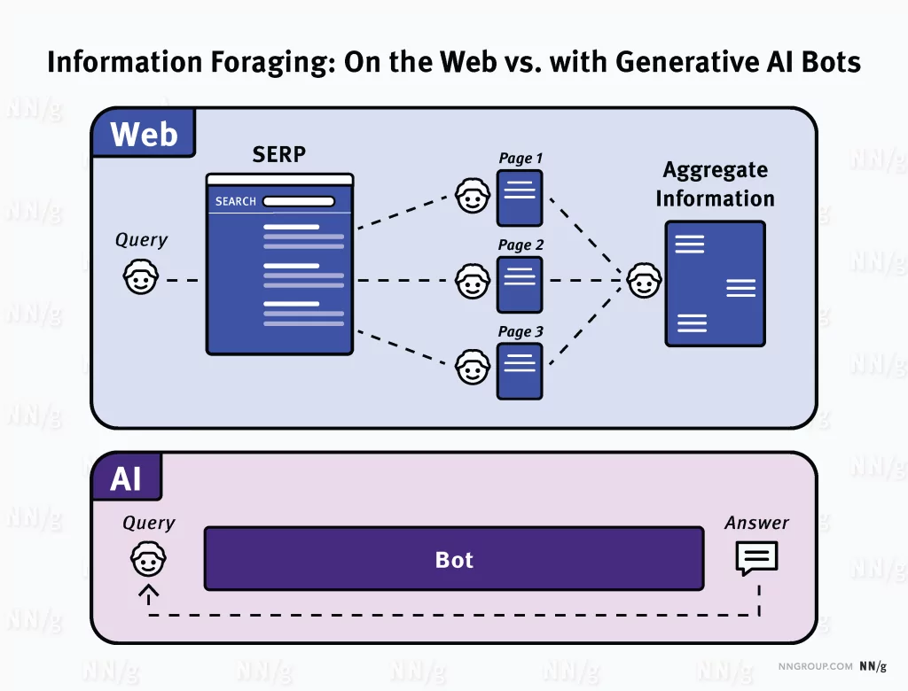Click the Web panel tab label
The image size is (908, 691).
pyautogui.click(x=144, y=135)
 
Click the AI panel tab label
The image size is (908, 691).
pyautogui.click(x=126, y=479)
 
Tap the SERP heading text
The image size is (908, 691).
pyautogui.click(x=279, y=154)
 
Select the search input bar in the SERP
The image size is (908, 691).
pyautogui.click(x=299, y=202)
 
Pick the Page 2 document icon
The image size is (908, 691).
pyautogui.click(x=520, y=284)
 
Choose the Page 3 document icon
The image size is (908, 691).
pyautogui.click(x=520, y=370)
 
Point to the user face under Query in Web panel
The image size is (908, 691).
pyautogui.click(x=140, y=279)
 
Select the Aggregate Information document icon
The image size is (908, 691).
pyautogui.click(x=715, y=283)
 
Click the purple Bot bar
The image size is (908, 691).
pyautogui.click(x=454, y=559)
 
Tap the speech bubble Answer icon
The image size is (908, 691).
pyautogui.click(x=756, y=559)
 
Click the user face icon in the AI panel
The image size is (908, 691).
pyautogui.click(x=148, y=560)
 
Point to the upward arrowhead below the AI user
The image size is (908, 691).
pyautogui.click(x=148, y=589)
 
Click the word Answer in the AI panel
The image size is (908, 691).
pyautogui.click(x=756, y=523)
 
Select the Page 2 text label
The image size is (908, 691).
pyautogui.click(x=521, y=245)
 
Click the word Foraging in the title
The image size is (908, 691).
pyautogui.click(x=271, y=63)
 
